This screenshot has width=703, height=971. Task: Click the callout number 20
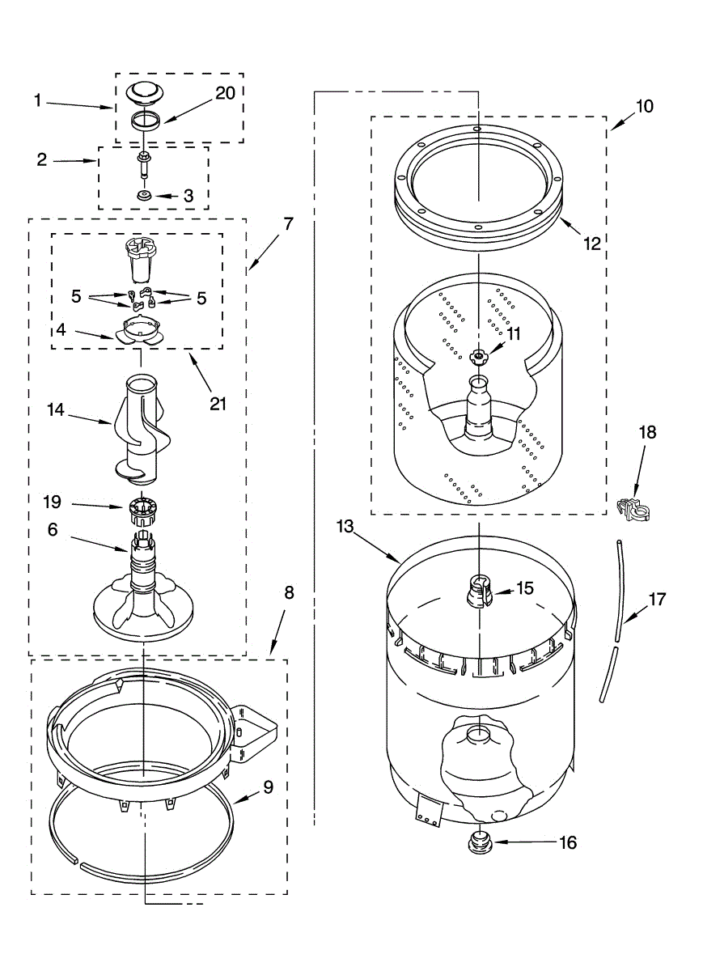tap(224, 93)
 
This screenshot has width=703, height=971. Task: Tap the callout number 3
tap(188, 195)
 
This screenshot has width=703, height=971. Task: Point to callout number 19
tap(52, 502)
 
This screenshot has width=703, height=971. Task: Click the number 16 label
tap(567, 843)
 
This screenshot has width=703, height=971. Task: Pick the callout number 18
tap(647, 432)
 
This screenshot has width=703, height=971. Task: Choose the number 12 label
tap(593, 243)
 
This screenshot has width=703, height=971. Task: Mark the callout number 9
tap(268, 786)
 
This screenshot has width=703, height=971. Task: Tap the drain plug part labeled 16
tap(480, 842)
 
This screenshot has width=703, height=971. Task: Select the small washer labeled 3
tap(143, 196)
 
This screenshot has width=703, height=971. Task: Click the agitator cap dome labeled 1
tap(143, 92)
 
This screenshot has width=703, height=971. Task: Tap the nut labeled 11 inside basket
tap(479, 355)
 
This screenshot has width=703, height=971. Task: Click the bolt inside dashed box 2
tap(143, 163)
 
